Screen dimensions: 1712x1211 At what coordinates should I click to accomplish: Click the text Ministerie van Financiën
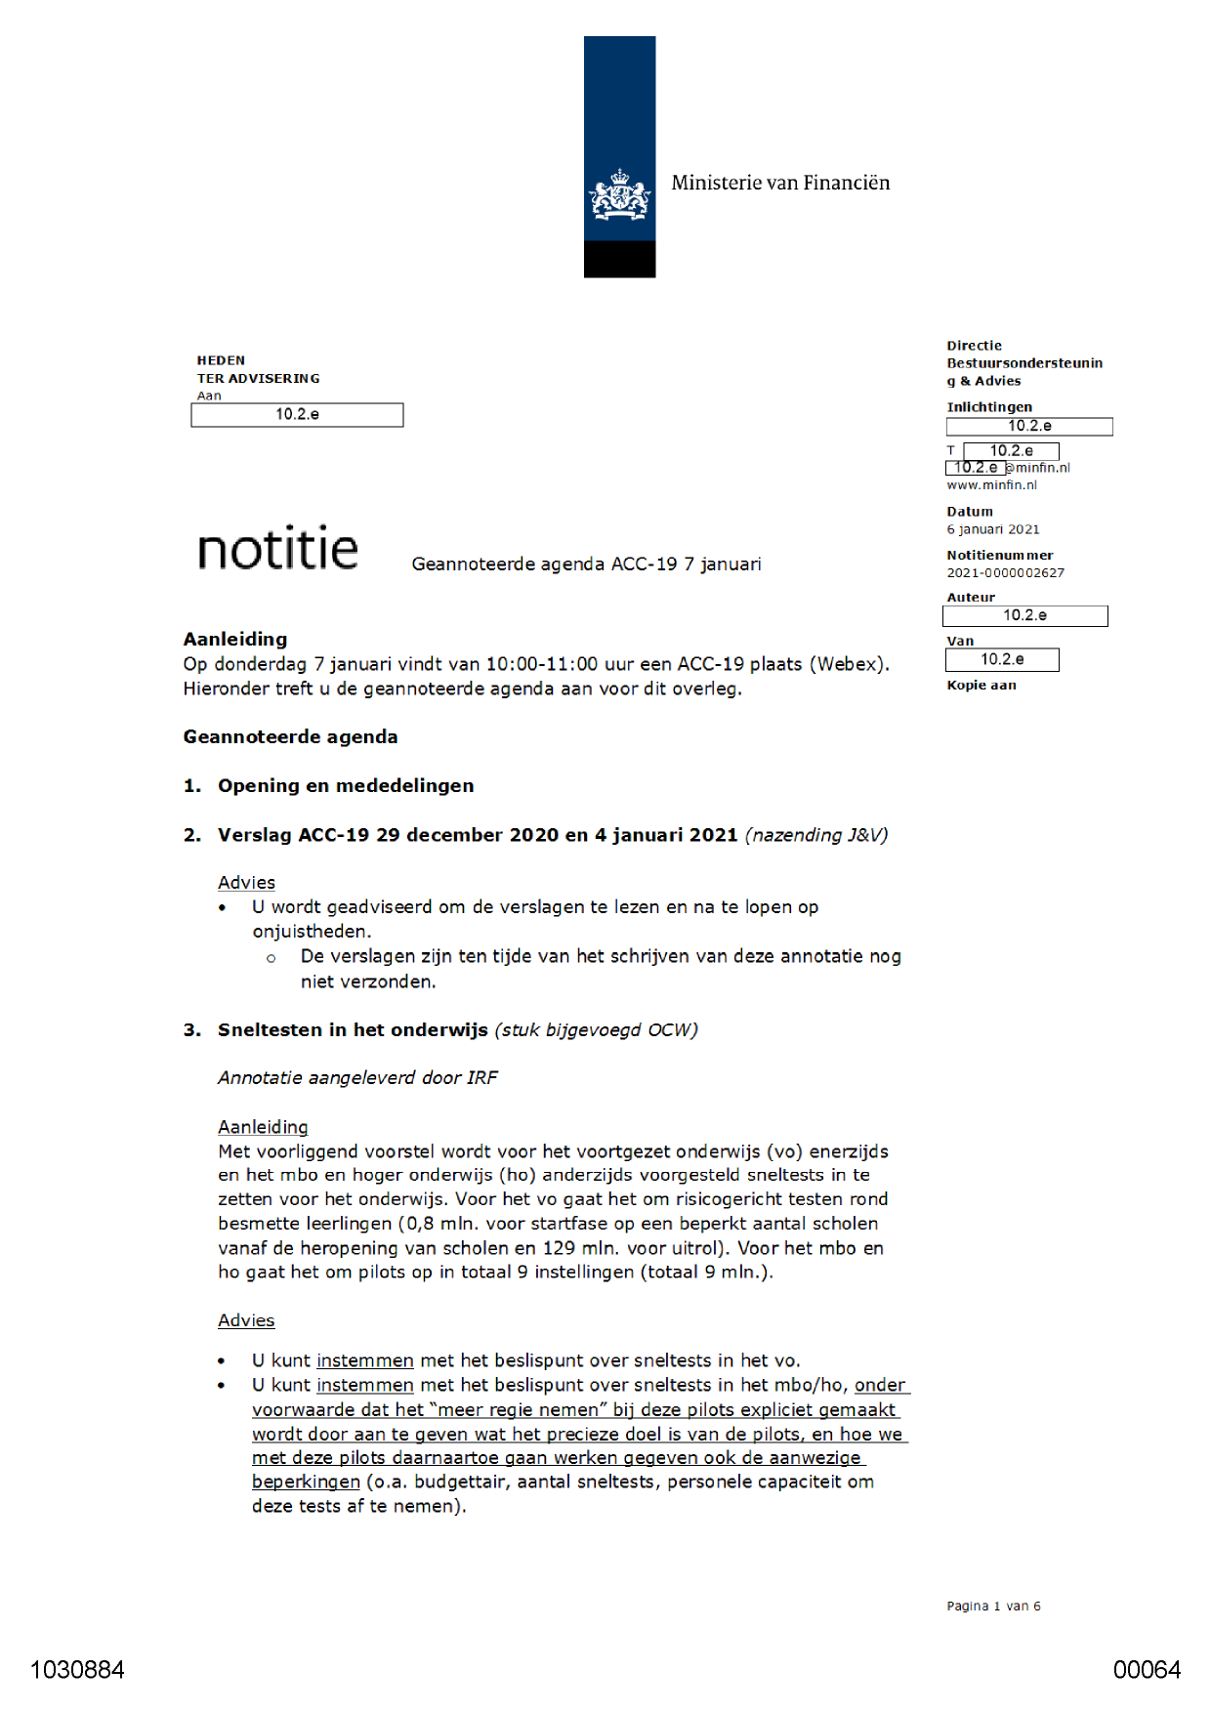pos(780,183)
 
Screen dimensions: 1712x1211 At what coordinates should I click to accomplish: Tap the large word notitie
pos(277,549)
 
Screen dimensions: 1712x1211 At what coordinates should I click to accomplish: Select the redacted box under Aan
pos(297,415)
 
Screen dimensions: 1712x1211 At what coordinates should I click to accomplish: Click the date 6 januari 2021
pos(992,529)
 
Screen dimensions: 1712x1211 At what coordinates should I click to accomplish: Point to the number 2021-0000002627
pos(1005,573)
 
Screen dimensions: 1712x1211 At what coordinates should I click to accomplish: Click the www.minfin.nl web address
pos(991,485)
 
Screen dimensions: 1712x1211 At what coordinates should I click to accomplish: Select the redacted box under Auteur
pos(1024,616)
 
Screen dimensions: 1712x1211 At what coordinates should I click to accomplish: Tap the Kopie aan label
pos(981,686)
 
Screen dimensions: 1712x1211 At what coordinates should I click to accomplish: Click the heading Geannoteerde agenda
pos(290,737)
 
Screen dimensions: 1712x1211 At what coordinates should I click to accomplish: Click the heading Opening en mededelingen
pos(346,786)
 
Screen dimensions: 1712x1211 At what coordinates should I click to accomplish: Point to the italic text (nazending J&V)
pos(815,835)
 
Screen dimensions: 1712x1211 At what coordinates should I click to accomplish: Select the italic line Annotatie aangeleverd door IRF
pos(357,1078)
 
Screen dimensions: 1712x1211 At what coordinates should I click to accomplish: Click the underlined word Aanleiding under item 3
pos(263,1127)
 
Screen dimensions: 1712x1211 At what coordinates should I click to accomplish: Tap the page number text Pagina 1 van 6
pos(993,1606)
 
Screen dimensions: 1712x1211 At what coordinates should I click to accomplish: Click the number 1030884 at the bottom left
pos(77,1670)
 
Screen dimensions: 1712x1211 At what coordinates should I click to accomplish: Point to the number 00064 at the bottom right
pos(1147,1670)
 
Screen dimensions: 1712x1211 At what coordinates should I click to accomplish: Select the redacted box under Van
pos(1002,660)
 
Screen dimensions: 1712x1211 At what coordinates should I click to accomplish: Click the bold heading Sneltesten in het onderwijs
pos(353,1030)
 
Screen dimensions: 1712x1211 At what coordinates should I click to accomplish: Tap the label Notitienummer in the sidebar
pos(999,556)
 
